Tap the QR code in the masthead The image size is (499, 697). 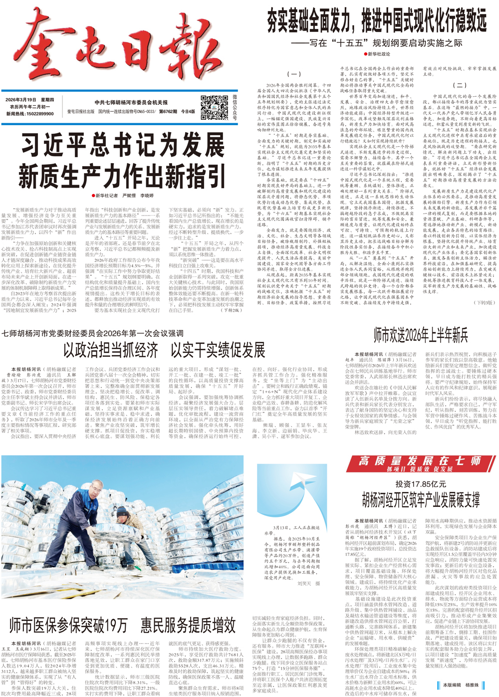pos(214,108)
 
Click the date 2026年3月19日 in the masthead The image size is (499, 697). pos(20,100)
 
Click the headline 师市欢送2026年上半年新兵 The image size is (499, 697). pos(421,335)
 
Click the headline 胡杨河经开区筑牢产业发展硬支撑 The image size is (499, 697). pos(421,499)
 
